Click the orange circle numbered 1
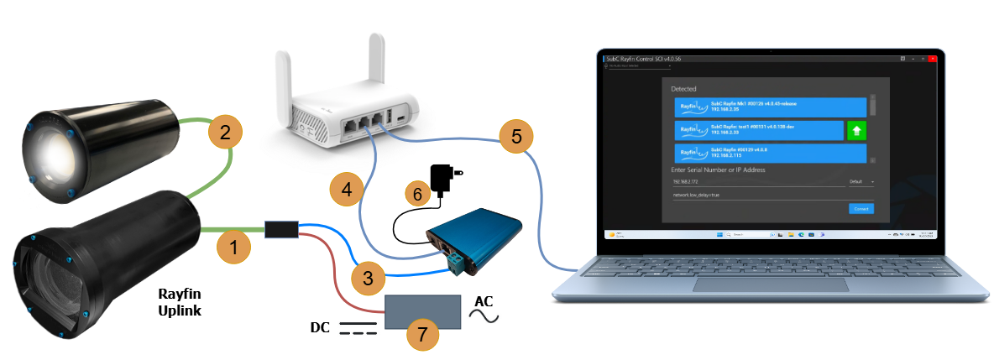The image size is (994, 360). click(x=233, y=248)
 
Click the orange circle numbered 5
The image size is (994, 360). click(x=515, y=136)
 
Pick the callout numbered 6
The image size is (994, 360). click(x=417, y=193)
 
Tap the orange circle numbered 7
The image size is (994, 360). click(x=422, y=335)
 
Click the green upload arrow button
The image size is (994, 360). click(x=856, y=130)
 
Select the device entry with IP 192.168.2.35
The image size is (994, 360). click(x=769, y=107)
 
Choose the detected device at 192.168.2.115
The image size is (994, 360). click(x=769, y=153)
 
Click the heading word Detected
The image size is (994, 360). click(x=684, y=88)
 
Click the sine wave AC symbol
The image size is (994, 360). click(x=485, y=316)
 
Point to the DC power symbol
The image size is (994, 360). click(x=358, y=327)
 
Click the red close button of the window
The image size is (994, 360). click(x=932, y=60)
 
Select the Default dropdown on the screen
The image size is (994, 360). click(x=861, y=181)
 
